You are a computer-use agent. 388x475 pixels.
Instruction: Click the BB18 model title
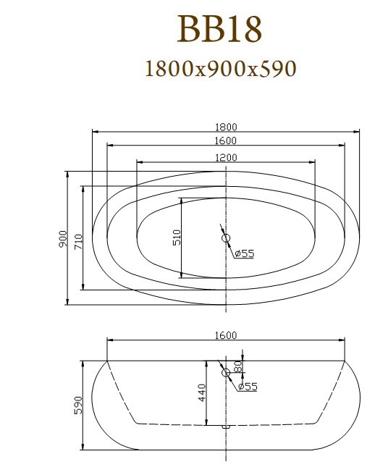point(219,29)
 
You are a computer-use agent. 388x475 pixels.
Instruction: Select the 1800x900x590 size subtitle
point(221,69)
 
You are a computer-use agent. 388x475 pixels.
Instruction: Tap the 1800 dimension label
point(226,127)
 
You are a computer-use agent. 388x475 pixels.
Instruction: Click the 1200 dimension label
point(226,158)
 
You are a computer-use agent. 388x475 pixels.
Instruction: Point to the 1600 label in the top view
point(226,141)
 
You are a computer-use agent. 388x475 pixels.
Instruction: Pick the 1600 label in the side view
point(226,335)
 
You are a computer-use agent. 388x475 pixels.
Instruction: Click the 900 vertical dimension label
point(63,238)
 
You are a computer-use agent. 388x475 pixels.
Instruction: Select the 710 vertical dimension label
point(78,242)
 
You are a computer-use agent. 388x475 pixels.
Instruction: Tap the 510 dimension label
point(177,237)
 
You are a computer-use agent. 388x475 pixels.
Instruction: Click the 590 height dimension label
point(78,405)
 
